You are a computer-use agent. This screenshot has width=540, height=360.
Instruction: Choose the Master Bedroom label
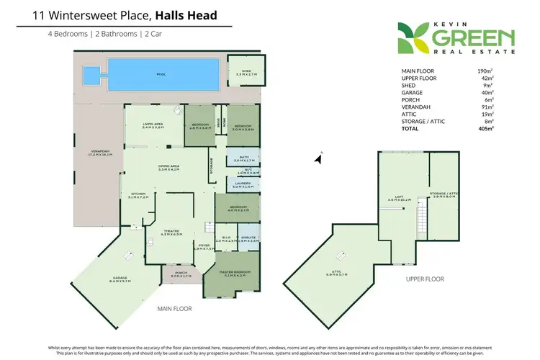point(236,272)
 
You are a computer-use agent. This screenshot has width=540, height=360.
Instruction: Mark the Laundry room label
point(243,185)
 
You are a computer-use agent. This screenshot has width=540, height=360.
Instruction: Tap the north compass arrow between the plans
point(319,158)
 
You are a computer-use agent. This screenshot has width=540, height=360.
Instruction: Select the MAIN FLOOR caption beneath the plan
point(175,308)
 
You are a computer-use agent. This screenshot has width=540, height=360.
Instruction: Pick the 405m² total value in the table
point(484,128)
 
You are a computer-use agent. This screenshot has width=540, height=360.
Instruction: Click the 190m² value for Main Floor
point(484,71)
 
